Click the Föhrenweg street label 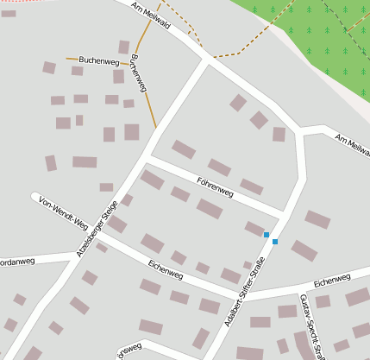(216, 183)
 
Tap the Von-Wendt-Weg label (64, 216)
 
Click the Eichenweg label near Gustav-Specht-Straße (332, 280)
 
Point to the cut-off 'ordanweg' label (17, 259)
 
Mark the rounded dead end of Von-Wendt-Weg (35, 197)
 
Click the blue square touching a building (267, 235)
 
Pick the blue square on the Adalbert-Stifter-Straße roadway (275, 242)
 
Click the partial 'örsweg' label (129, 352)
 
